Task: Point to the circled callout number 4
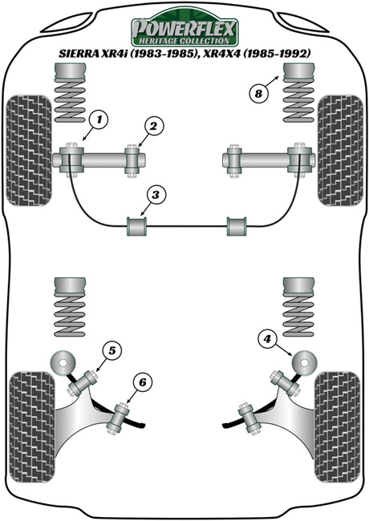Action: pyautogui.click(x=267, y=339)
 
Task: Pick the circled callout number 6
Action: pyautogui.click(x=143, y=383)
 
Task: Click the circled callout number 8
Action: pyautogui.click(x=258, y=94)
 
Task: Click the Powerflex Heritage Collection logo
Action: pyautogui.click(x=184, y=28)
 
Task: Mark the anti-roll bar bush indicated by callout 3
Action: pyautogui.click(x=136, y=226)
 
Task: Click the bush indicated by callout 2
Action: pyautogui.click(x=132, y=161)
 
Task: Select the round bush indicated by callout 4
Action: pyautogui.click(x=304, y=362)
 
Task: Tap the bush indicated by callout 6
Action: pyautogui.click(x=118, y=418)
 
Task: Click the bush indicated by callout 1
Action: pyautogui.click(x=71, y=161)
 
